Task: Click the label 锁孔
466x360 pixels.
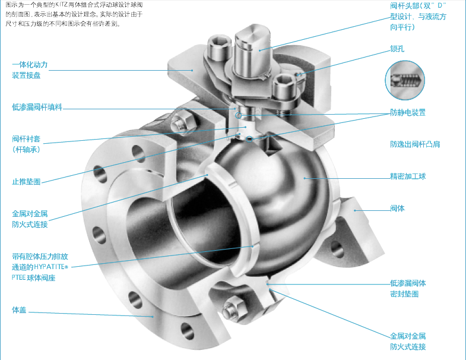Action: coord(397,49)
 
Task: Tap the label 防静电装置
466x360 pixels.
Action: coord(408,112)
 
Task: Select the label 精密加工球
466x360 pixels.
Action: coord(408,176)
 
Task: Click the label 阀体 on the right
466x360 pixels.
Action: coord(397,209)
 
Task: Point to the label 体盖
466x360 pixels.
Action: coord(19,310)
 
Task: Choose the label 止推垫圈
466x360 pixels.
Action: coord(26,182)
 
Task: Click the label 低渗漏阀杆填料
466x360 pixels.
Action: coord(37,107)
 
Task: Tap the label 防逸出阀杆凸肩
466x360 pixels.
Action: coord(415,144)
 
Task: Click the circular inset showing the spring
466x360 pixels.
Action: coord(405,80)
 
